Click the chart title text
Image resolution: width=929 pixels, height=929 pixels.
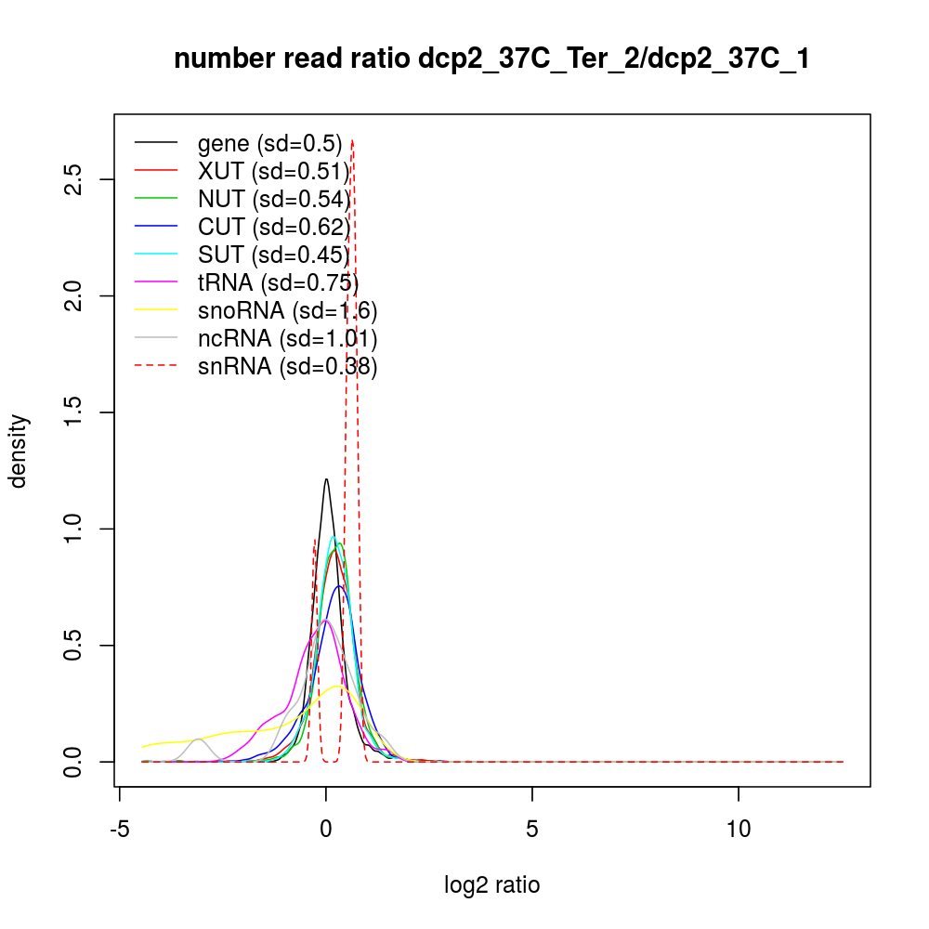point(491,59)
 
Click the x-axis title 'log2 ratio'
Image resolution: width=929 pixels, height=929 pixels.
point(491,885)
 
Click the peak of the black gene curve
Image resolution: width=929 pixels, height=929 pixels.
point(326,479)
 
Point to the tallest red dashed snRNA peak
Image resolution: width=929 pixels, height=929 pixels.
point(353,140)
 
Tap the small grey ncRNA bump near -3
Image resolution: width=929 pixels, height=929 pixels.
point(197,739)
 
